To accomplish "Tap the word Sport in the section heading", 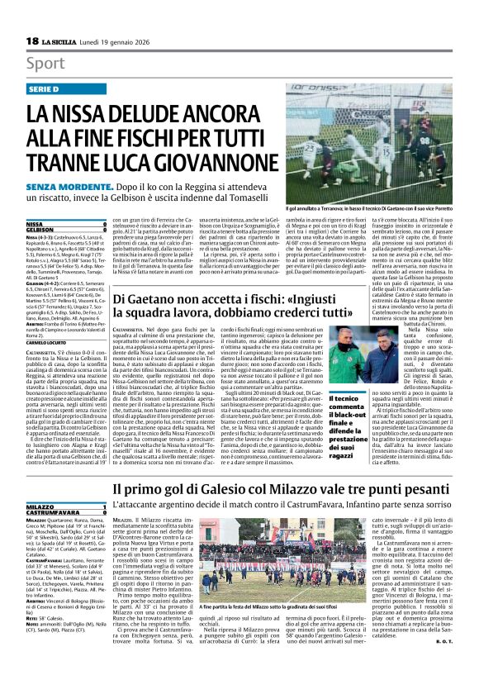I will click(45, 64).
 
